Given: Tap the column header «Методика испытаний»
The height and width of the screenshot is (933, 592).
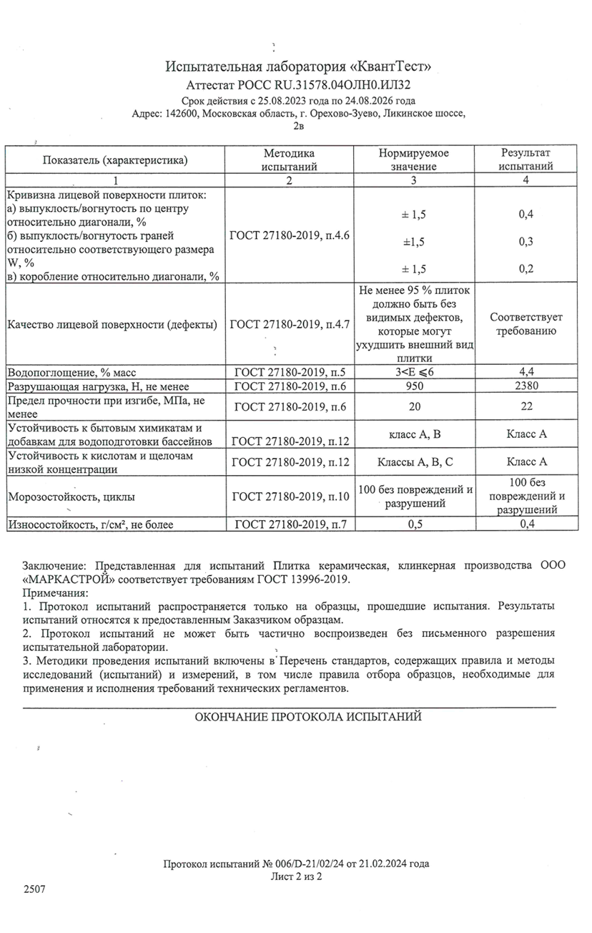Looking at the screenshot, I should (x=289, y=160).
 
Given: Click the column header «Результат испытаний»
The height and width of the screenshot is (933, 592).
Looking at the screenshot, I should (x=526, y=160).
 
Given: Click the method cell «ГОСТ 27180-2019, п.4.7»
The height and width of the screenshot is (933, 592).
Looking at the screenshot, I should (x=289, y=325).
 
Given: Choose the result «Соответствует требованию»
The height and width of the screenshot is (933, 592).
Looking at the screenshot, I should (x=526, y=324).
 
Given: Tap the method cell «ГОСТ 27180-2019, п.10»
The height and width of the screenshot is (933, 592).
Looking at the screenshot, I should (x=289, y=496).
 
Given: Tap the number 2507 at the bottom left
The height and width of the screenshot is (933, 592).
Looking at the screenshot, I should (x=34, y=889).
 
